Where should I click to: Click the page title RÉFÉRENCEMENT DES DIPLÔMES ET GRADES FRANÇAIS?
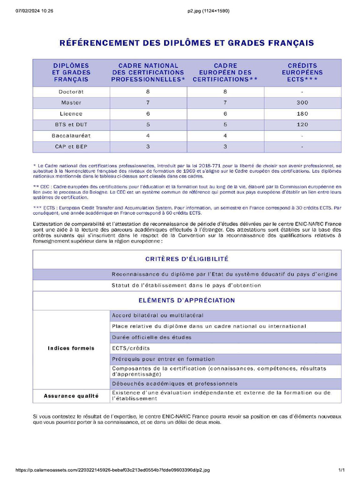click(x=187, y=43)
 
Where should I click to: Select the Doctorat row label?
click(x=71, y=92)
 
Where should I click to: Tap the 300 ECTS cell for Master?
click(x=302, y=103)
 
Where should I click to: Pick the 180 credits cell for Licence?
click(x=302, y=114)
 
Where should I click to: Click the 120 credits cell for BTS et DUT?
click(x=302, y=125)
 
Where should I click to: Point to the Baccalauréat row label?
click(x=71, y=136)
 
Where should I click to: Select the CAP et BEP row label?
click(x=71, y=147)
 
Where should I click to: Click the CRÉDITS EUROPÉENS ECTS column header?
click(x=302, y=73)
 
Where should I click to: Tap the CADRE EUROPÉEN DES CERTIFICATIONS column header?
click(x=225, y=73)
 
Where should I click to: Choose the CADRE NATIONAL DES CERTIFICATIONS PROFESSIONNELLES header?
click(x=148, y=73)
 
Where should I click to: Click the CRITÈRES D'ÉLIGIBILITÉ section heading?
click(x=187, y=259)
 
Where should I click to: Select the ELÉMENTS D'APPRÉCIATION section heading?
click(x=187, y=300)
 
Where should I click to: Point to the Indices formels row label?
click(x=71, y=348)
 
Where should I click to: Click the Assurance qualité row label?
click(x=71, y=396)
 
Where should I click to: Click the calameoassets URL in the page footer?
click(x=112, y=470)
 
